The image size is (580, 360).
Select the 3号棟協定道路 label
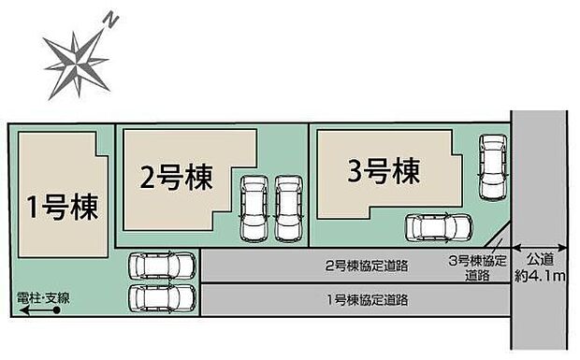(479, 267)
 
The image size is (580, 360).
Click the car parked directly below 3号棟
(439, 227)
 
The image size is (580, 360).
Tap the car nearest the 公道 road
(490, 167)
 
